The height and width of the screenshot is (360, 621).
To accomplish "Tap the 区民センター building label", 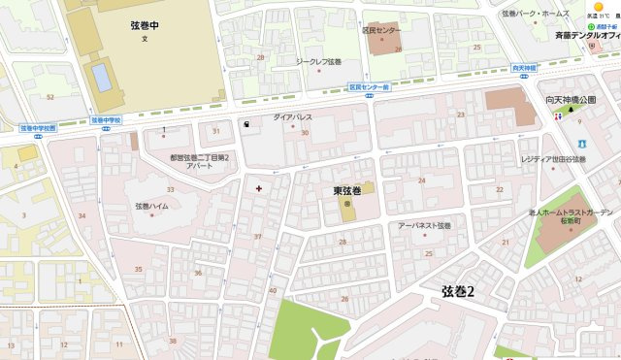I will point(381,30).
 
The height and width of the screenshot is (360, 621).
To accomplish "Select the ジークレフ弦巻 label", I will point(318,61).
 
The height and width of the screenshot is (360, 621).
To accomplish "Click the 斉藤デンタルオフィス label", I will point(587,36).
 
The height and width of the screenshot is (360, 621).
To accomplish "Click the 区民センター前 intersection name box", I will point(369,87).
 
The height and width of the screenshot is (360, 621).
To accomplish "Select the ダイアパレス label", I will point(292,116).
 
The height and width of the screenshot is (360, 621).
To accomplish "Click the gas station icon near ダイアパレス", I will point(246,124).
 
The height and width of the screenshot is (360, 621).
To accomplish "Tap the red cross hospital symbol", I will point(258,186).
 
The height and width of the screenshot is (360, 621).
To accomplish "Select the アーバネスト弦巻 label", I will point(425,225).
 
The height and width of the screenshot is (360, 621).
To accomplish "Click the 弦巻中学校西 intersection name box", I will point(38,127).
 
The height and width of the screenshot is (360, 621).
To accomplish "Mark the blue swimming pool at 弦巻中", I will point(102,76).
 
